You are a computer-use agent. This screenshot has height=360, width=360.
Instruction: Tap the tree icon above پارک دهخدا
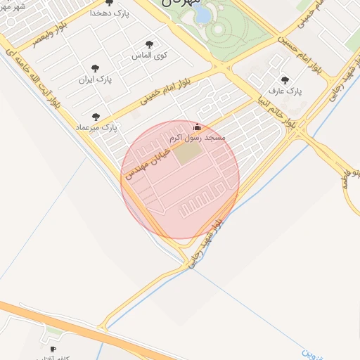(109, 3)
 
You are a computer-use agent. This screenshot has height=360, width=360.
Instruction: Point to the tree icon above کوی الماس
(148, 44)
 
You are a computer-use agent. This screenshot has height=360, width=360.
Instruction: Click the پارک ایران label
(96, 79)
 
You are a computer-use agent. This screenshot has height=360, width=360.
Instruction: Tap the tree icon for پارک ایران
(95, 68)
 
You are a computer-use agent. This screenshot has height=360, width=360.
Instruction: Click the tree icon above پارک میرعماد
(96, 117)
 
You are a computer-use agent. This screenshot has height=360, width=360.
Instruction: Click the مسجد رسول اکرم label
(199, 138)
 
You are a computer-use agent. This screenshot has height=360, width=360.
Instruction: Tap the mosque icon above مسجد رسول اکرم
(196, 128)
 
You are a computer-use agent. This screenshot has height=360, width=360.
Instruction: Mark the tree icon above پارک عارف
(285, 80)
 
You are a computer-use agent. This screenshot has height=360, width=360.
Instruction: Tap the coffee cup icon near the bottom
(53, 349)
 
